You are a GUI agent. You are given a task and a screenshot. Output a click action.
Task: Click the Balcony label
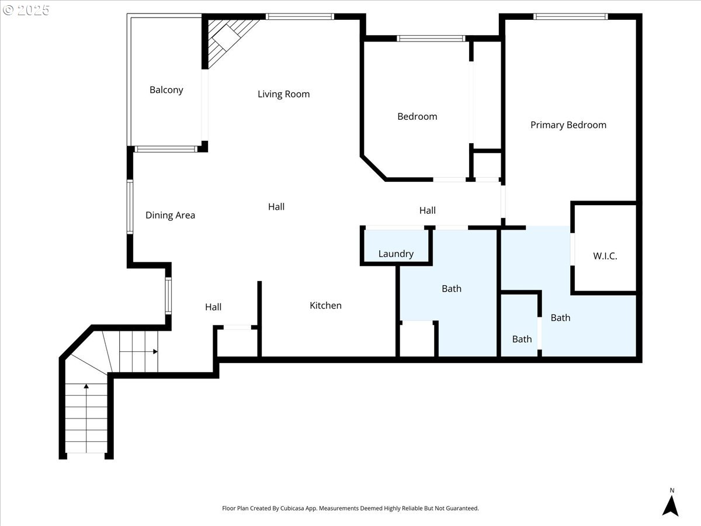tap(166, 90)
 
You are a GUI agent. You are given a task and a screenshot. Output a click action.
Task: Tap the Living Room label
tap(283, 94)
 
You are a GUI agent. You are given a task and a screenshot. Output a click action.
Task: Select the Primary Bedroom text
tap(568, 125)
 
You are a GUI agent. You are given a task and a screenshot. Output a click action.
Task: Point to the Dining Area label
tap(170, 215)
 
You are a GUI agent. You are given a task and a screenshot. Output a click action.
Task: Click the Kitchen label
tap(325, 306)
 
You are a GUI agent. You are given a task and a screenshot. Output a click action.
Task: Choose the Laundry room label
tap(396, 254)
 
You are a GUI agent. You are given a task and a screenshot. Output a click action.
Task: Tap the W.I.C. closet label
tap(605, 256)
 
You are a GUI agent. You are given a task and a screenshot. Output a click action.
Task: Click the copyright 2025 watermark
tap(26, 10)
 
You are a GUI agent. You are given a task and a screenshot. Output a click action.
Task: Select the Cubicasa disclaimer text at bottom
tap(350, 508)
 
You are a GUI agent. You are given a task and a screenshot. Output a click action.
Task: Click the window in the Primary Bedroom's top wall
tap(570, 16)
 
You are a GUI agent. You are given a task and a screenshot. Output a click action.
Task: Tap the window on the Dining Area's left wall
tap(130, 207)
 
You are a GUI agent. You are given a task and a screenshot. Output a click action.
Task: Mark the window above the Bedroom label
tap(431, 39)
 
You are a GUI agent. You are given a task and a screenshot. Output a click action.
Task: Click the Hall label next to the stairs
tap(213, 307)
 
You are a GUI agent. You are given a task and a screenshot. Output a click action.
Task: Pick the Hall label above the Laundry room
tap(427, 210)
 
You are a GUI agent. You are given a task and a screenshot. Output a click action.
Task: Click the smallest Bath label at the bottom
tap(522, 339)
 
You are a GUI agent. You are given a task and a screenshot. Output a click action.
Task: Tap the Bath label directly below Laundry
tap(451, 289)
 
